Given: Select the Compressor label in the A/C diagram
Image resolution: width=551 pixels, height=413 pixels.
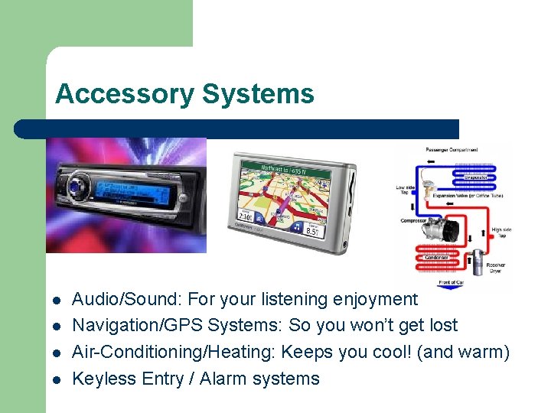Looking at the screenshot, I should pos(413,221).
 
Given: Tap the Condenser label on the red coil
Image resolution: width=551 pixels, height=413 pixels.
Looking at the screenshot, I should pos(437,257).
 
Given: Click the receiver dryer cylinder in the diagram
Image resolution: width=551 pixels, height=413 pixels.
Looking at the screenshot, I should pos(478,261).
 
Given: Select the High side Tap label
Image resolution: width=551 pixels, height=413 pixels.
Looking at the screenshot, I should pos(502,233).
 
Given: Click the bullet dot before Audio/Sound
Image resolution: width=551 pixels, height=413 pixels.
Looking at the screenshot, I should pos(57,300).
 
